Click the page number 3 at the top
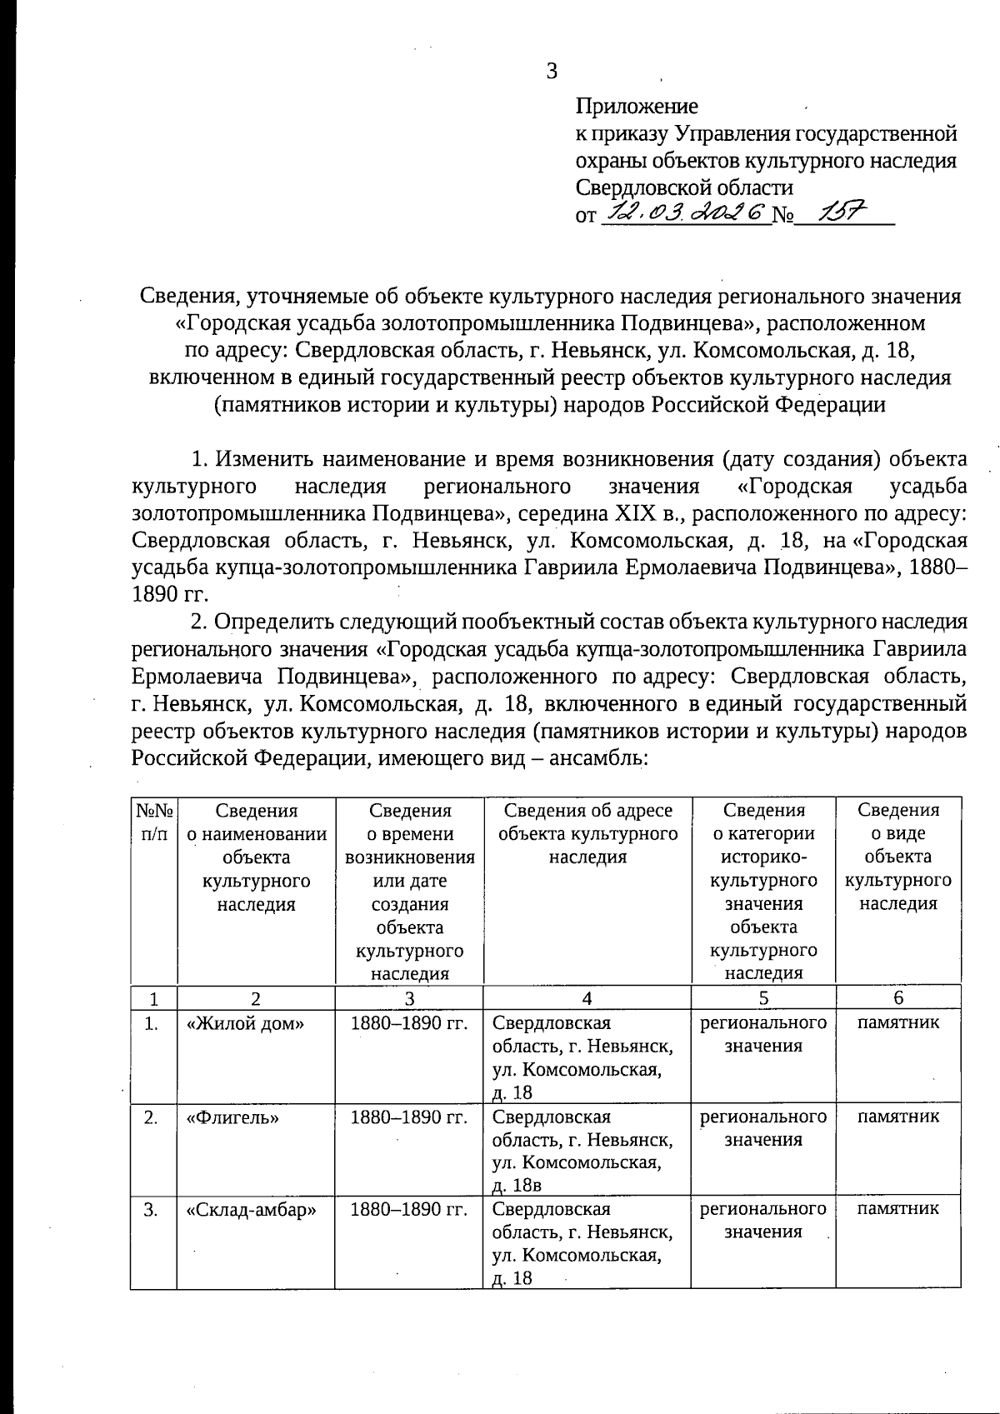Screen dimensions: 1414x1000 coord(552,71)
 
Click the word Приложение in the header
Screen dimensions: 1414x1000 coord(637,106)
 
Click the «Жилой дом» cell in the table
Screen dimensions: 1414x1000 coord(246,1023)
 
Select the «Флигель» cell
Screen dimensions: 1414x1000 coord(232,1117)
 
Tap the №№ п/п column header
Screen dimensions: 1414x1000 coord(153,822)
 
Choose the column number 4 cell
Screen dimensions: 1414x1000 coord(587,998)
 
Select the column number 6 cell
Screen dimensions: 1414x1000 coord(897,998)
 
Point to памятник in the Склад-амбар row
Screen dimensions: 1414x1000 coord(897,1208)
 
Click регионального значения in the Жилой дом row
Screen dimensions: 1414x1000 coord(762,1034)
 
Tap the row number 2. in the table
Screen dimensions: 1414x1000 coord(151,1117)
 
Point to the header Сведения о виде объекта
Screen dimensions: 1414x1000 coord(897,857)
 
